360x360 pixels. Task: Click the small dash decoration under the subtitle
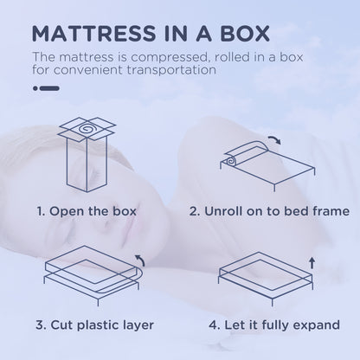tap(45, 87)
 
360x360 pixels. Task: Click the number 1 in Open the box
tap(40, 210)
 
